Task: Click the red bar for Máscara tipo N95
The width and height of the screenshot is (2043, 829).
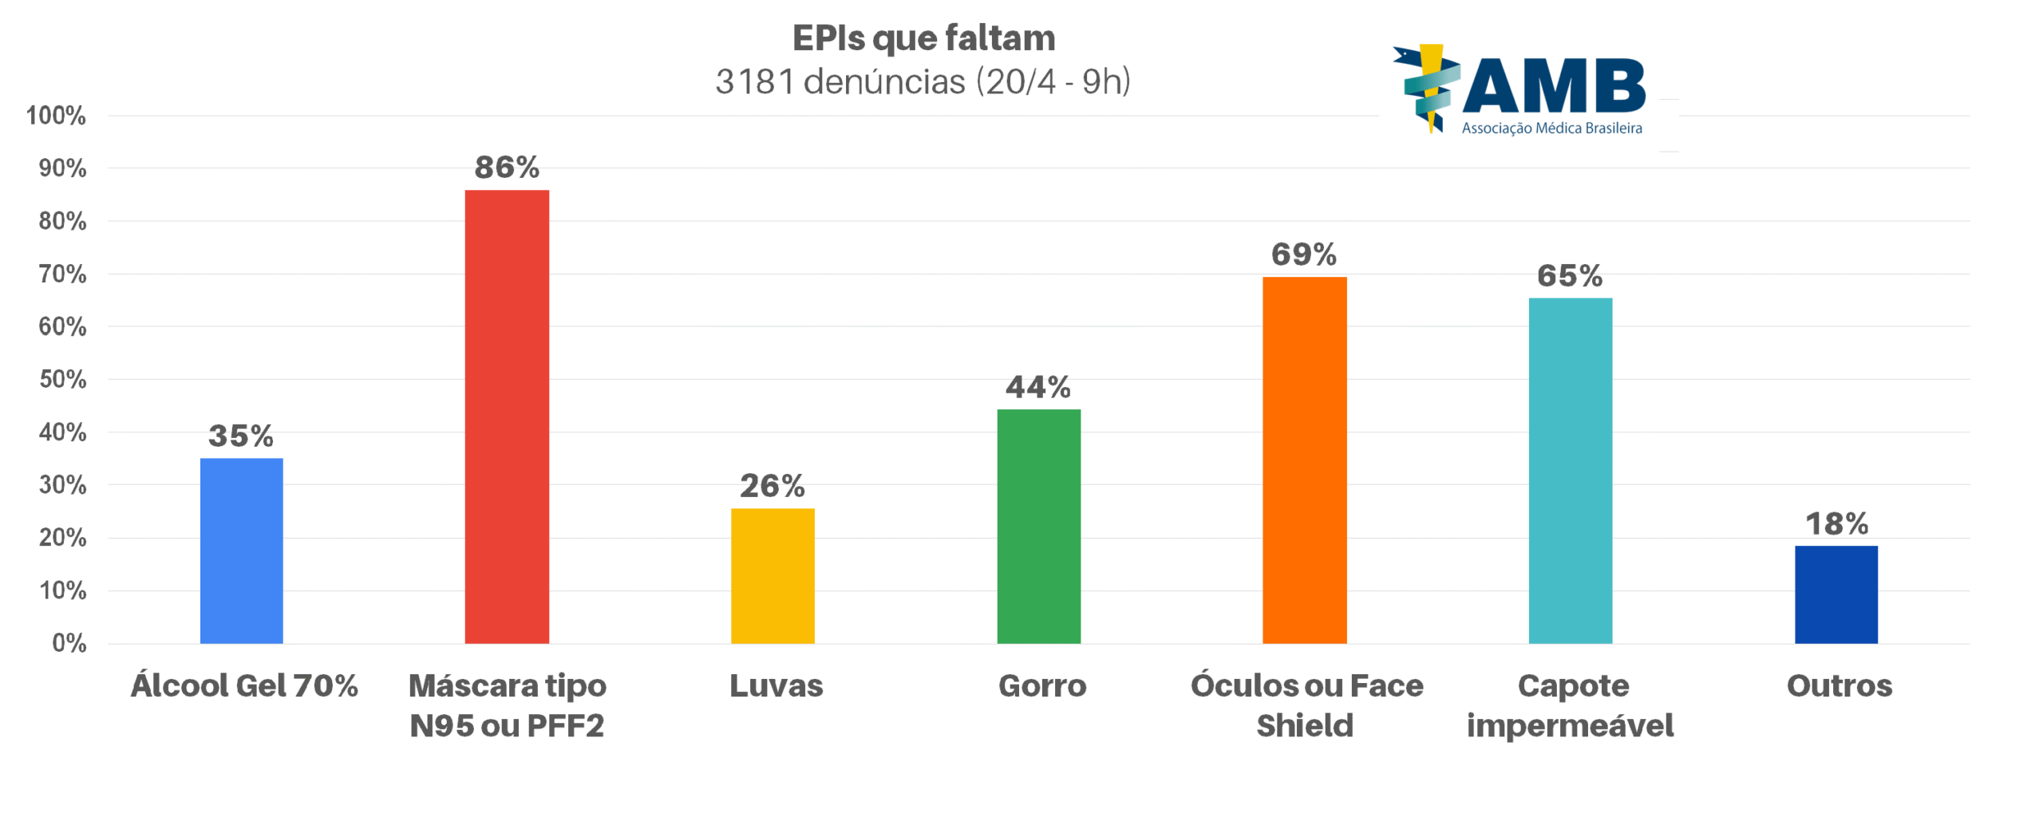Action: coord(507,416)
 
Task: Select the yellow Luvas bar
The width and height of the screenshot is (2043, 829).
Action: coord(773,575)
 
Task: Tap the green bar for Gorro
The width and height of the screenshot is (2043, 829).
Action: coord(1038,526)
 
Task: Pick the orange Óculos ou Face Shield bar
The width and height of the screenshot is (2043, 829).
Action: coord(1304,460)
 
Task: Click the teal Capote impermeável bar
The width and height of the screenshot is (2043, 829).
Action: coord(1570,471)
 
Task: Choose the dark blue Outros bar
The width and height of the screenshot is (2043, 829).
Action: coord(1836,594)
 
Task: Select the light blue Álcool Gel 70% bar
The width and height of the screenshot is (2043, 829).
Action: coord(241,551)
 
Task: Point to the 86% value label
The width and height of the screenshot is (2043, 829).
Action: coord(507,168)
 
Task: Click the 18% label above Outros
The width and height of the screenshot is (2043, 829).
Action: coord(1836,524)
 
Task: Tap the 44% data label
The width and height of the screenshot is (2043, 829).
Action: coord(1037,388)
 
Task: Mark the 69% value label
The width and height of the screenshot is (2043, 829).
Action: coord(1303,255)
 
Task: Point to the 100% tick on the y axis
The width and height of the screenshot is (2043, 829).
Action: coord(56,116)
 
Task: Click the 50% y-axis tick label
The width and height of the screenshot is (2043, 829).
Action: coord(62,379)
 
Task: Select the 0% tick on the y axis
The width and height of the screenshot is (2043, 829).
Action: coord(69,643)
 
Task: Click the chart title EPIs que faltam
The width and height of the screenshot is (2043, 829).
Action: coord(923,38)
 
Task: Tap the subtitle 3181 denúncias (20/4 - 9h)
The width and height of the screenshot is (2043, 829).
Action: coord(923,81)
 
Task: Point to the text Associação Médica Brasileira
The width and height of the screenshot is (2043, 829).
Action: coord(1551,128)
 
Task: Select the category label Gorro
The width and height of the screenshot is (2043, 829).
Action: coord(1041,686)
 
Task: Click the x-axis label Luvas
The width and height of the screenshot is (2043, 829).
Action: coord(776,686)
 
